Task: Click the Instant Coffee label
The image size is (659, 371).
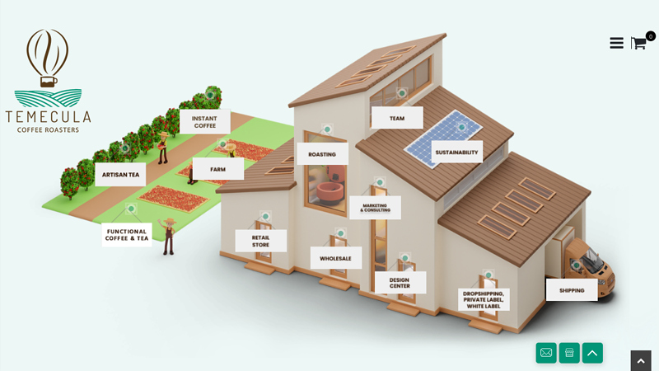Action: pos(204,122)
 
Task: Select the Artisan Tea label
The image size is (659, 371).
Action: pos(120,175)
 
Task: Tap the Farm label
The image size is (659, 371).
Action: pos(217,169)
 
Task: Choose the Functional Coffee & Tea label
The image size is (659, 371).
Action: pos(127,235)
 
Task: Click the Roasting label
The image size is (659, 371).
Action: pos(322,154)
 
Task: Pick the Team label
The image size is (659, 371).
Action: pos(397,118)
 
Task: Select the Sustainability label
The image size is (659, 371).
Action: pos(456,152)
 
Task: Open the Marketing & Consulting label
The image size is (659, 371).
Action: pos(375,208)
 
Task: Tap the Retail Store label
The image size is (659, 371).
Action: pos(260,241)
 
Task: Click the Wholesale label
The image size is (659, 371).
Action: pos(335,258)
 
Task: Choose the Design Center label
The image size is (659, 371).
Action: pos(400,283)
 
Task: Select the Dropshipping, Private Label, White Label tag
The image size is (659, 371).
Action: pos(484,299)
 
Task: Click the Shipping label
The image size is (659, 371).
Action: pos(572,290)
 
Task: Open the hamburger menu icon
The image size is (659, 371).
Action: pos(616,43)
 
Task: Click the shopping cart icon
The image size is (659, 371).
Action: pos(638,43)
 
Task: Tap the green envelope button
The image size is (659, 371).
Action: pos(546,353)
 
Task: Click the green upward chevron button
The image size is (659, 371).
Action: pos(592,353)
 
